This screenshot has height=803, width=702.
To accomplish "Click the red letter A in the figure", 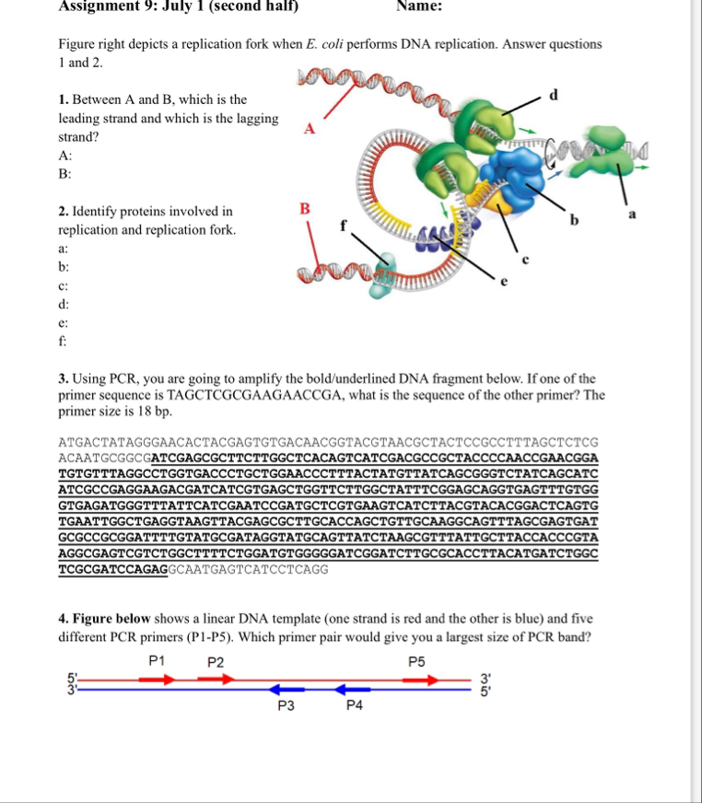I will (310, 130).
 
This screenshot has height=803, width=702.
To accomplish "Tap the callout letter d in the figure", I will (553, 95).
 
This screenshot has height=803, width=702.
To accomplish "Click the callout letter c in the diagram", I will (526, 259).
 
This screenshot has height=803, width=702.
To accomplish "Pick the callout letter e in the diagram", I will (502, 283).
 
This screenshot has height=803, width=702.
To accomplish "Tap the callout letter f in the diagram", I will (345, 224).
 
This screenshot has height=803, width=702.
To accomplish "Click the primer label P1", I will (157, 661).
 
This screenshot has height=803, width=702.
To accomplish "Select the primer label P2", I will (216, 661).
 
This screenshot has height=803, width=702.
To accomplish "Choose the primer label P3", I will (287, 706).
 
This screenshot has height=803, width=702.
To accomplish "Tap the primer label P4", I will (355, 706).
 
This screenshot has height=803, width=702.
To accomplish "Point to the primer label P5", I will (417, 661).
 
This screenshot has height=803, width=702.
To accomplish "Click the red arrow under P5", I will (420, 680).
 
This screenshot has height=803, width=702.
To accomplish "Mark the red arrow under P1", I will (156, 680).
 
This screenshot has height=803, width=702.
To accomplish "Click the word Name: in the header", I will (420, 6).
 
